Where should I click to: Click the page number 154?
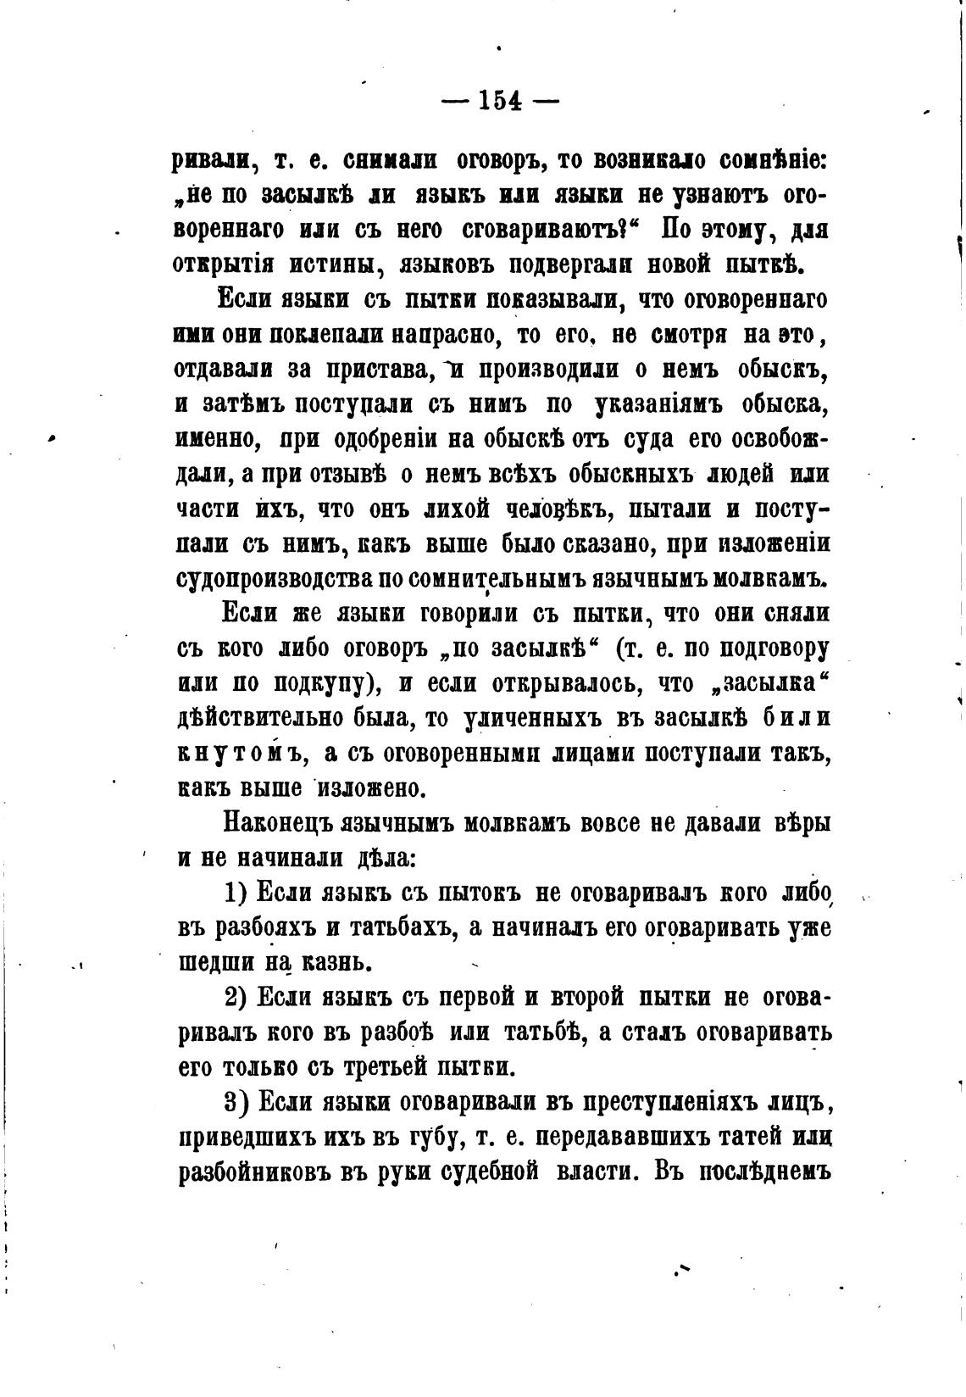tap(499, 101)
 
